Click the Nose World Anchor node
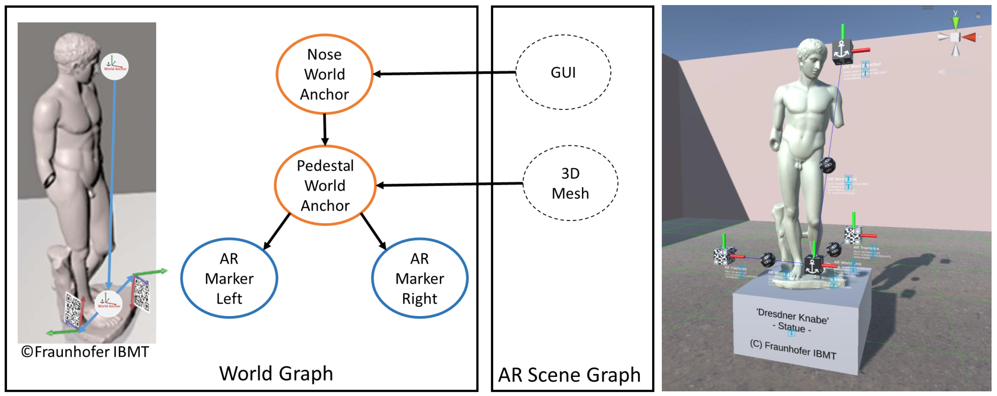(324, 74)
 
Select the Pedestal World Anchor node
(325, 185)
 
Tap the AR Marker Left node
(229, 278)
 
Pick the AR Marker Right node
(420, 278)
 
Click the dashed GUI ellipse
(563, 73)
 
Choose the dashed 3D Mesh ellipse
(570, 183)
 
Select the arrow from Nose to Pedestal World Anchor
(325, 130)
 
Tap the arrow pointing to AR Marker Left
(277, 231)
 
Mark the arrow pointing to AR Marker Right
(373, 231)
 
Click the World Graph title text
(276, 373)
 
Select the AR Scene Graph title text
(569, 375)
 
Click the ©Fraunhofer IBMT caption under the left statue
(85, 352)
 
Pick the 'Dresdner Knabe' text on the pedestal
(792, 316)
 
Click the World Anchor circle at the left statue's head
(114, 67)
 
